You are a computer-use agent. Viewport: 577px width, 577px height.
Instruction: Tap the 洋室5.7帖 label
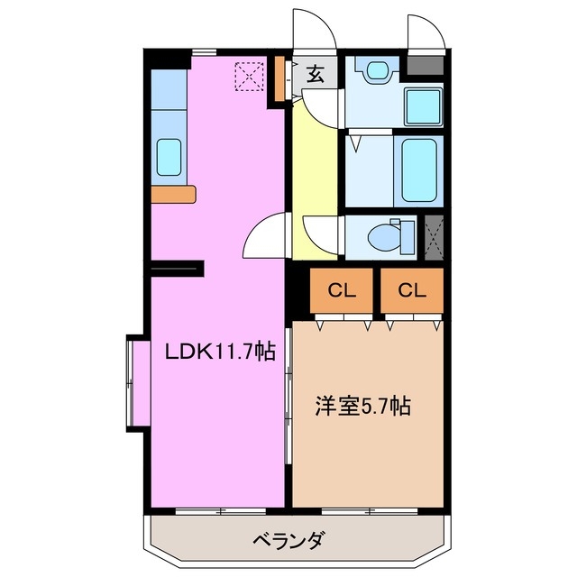click(x=362, y=406)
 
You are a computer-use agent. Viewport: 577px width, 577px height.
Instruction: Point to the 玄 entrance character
click(x=316, y=74)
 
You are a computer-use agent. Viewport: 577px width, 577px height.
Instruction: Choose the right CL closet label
click(x=411, y=290)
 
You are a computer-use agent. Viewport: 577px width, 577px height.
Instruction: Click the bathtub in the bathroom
click(x=419, y=169)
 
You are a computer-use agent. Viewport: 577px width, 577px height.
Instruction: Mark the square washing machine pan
click(x=422, y=107)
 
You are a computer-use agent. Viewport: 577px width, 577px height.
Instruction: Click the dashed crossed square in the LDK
click(x=248, y=76)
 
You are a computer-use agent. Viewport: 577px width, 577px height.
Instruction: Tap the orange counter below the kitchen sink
click(x=173, y=193)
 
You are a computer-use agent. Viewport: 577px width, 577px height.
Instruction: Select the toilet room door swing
click(x=320, y=236)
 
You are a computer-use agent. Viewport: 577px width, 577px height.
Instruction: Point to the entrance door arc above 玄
click(x=315, y=32)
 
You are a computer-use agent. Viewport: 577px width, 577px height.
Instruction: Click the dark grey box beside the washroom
click(x=426, y=66)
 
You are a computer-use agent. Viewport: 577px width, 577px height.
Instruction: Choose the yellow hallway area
click(x=315, y=171)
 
